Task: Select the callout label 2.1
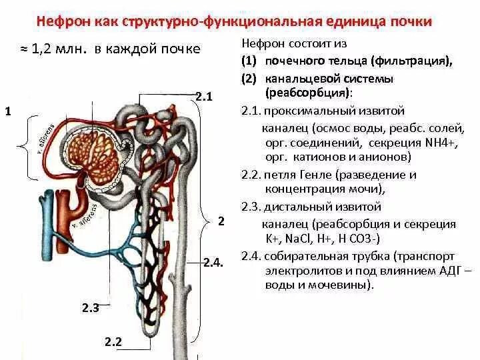click(203, 98)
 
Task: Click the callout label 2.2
click(113, 342)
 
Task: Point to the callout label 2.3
click(91, 307)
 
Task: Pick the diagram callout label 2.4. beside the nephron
click(213, 263)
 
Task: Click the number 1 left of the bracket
click(7, 111)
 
